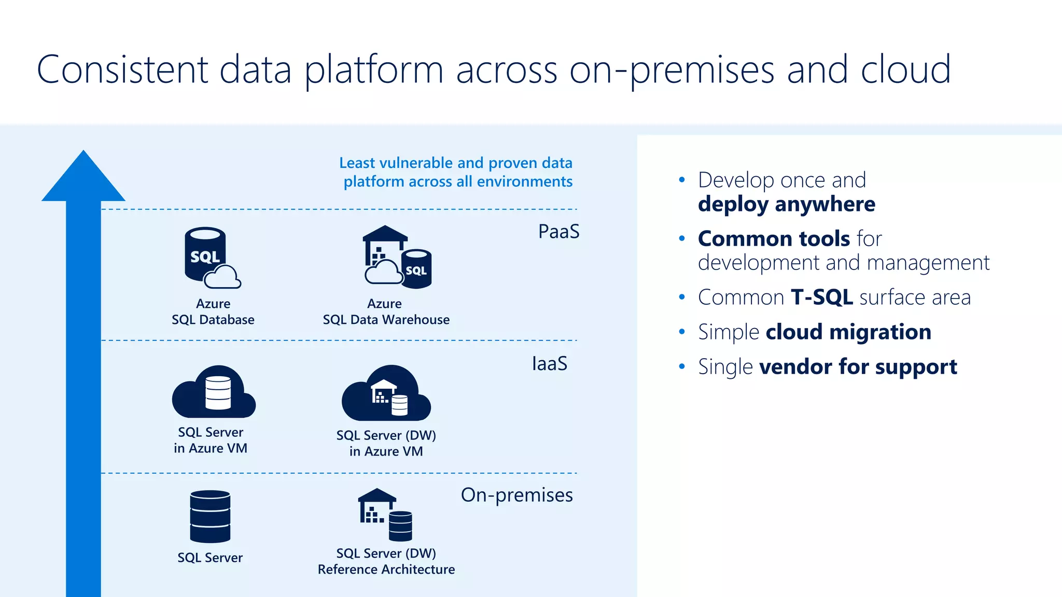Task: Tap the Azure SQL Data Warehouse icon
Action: tap(397, 258)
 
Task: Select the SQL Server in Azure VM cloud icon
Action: tap(214, 393)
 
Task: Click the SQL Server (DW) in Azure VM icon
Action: tap(386, 394)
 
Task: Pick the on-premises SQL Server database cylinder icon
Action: tap(210, 516)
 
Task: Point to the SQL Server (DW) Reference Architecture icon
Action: tap(385, 514)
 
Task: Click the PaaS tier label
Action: tap(558, 232)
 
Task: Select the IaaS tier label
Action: tap(549, 364)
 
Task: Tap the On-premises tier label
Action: tap(516, 495)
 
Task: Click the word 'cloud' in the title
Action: tap(905, 69)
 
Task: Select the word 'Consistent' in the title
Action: tap(122, 69)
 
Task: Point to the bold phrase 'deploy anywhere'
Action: tap(786, 204)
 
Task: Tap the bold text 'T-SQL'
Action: tap(821, 297)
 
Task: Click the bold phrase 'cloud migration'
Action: tap(848, 332)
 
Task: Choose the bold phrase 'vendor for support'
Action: tap(858, 367)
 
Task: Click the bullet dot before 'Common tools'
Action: tap(682, 238)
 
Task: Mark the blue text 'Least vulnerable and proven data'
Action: tap(455, 163)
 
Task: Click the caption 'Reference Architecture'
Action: tap(386, 570)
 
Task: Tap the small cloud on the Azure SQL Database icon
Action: tap(222, 277)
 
